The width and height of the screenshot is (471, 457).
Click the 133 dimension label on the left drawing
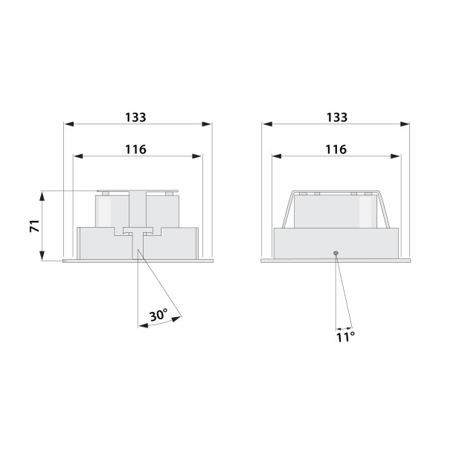[135, 117]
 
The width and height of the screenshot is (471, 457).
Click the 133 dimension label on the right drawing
[337, 117]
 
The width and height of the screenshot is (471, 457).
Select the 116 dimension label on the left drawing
[135, 150]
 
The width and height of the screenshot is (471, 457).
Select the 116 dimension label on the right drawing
[336, 150]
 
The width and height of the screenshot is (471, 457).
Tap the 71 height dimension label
[35, 226]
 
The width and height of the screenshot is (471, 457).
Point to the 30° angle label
[158, 315]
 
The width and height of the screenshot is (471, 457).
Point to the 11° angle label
[345, 337]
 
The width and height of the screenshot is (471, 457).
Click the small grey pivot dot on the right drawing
[336, 253]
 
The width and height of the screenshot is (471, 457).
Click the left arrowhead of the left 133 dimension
[69, 124]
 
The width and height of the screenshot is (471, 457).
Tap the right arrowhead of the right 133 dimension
[405, 124]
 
